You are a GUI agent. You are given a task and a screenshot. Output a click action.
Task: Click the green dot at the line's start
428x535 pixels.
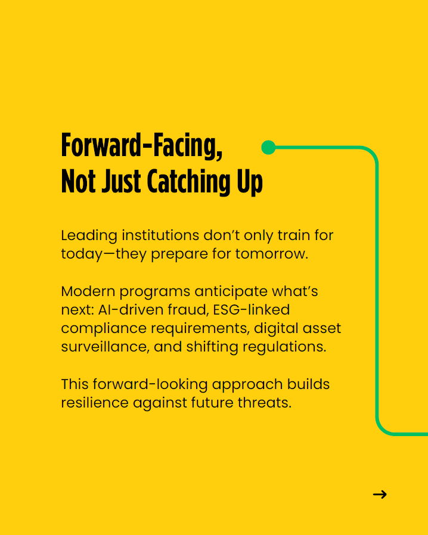pyautogui.click(x=268, y=147)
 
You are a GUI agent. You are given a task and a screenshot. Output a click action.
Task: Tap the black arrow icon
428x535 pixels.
pyautogui.click(x=380, y=494)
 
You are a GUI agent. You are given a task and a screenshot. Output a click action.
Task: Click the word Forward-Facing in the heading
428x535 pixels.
pyautogui.click(x=142, y=146)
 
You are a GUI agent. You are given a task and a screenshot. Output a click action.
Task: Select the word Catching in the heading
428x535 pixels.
pyautogui.click(x=189, y=181)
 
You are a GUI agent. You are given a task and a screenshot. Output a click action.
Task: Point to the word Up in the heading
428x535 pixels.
pyautogui.click(x=250, y=182)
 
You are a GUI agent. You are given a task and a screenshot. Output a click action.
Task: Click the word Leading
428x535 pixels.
pyautogui.click(x=89, y=236)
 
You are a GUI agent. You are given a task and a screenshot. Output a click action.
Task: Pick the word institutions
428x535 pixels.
pyautogui.click(x=160, y=235)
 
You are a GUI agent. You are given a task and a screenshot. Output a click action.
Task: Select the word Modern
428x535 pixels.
pyautogui.click(x=88, y=291)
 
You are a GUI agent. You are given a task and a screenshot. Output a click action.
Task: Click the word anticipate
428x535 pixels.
pyautogui.click(x=231, y=292)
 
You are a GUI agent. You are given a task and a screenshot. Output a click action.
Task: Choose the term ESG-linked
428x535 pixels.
pyautogui.click(x=252, y=310)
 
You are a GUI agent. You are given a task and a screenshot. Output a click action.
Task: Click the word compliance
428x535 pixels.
pyautogui.click(x=104, y=329)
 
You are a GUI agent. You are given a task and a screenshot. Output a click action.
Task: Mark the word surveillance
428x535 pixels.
pyautogui.click(x=105, y=347)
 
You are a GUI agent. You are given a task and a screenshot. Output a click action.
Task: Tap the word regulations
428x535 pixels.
pyautogui.click(x=285, y=347)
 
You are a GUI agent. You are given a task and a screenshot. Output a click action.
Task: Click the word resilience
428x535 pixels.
pyautogui.click(x=95, y=403)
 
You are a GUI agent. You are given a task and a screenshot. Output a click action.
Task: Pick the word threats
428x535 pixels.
pyautogui.click(x=265, y=403)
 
